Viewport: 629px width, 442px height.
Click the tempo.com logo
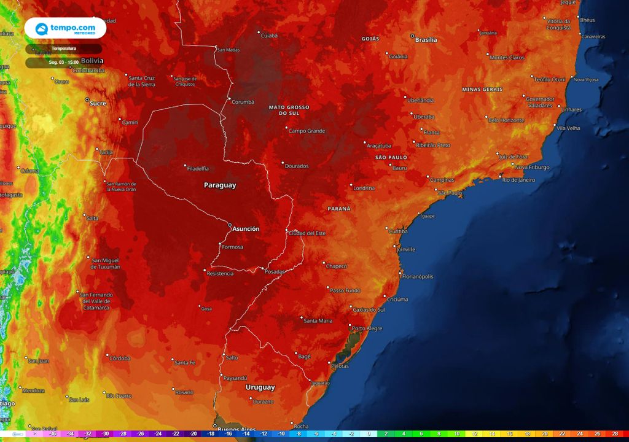[65, 28]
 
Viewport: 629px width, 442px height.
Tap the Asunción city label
[246, 229]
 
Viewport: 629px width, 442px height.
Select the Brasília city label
[426, 40]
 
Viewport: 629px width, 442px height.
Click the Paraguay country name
[220, 185]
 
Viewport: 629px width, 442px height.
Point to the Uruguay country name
[260, 387]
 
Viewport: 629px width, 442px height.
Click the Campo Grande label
[307, 131]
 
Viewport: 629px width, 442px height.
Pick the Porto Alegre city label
[367, 328]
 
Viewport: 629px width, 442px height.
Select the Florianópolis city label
[418, 276]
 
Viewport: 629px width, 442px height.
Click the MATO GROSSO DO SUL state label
[289, 110]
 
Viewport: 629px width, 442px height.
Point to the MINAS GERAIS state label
[482, 90]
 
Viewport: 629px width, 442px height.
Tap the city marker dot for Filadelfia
[186, 165]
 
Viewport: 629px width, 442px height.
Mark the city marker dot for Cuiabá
[259, 33]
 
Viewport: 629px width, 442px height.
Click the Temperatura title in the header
[64, 48]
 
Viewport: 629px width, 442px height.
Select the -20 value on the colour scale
[193, 434]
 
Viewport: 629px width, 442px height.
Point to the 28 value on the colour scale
[614, 434]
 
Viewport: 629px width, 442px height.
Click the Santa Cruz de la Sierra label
[141, 81]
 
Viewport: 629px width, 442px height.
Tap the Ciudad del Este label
[308, 233]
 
